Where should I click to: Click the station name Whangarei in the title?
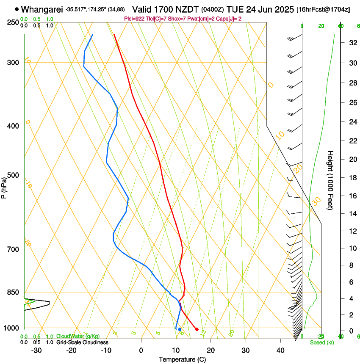[x=42, y=9]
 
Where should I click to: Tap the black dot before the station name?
[x=17, y=9]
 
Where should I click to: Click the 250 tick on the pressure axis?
[x=12, y=22]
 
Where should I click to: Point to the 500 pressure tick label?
[x=12, y=175]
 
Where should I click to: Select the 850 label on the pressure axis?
[x=12, y=292]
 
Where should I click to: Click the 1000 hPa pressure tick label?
[x=11, y=328]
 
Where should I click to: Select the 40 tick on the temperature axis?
[x=280, y=350]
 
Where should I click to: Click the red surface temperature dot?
[x=197, y=329]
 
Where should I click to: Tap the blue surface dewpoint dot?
[x=180, y=329]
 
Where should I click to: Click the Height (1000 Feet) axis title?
[x=330, y=180]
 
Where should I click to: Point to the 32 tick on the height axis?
[x=352, y=43]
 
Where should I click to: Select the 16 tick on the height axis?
[x=352, y=196]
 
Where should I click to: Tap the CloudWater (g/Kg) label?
[x=78, y=336]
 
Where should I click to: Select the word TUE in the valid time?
[x=234, y=9]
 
